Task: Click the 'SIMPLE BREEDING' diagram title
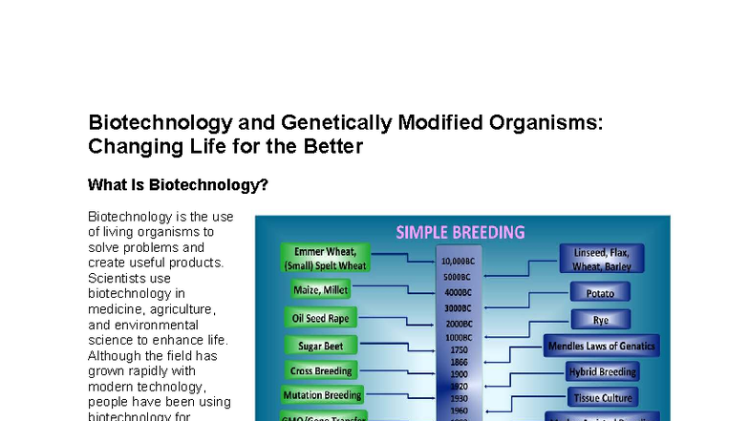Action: tap(460, 232)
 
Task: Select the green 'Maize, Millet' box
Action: tap(320, 288)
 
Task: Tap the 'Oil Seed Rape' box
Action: tap(320, 317)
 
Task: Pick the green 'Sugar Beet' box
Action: tap(320, 345)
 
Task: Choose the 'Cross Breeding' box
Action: tap(321, 370)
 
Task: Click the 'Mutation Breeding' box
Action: tap(322, 395)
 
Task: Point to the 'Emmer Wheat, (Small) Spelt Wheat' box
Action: tap(324, 258)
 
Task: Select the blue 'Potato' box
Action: tap(600, 293)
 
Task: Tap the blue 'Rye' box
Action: tap(600, 320)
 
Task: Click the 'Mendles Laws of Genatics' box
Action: tap(602, 346)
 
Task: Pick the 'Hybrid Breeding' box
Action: tap(602, 371)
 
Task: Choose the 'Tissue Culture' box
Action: tap(603, 396)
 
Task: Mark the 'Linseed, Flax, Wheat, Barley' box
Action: tap(602, 259)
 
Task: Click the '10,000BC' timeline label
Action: tap(459, 261)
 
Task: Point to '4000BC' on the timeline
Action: tap(459, 292)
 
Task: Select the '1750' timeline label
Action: tap(459, 350)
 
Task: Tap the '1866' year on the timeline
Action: tap(459, 363)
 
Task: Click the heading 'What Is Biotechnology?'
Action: tap(178, 185)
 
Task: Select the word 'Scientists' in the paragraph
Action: tap(114, 278)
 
